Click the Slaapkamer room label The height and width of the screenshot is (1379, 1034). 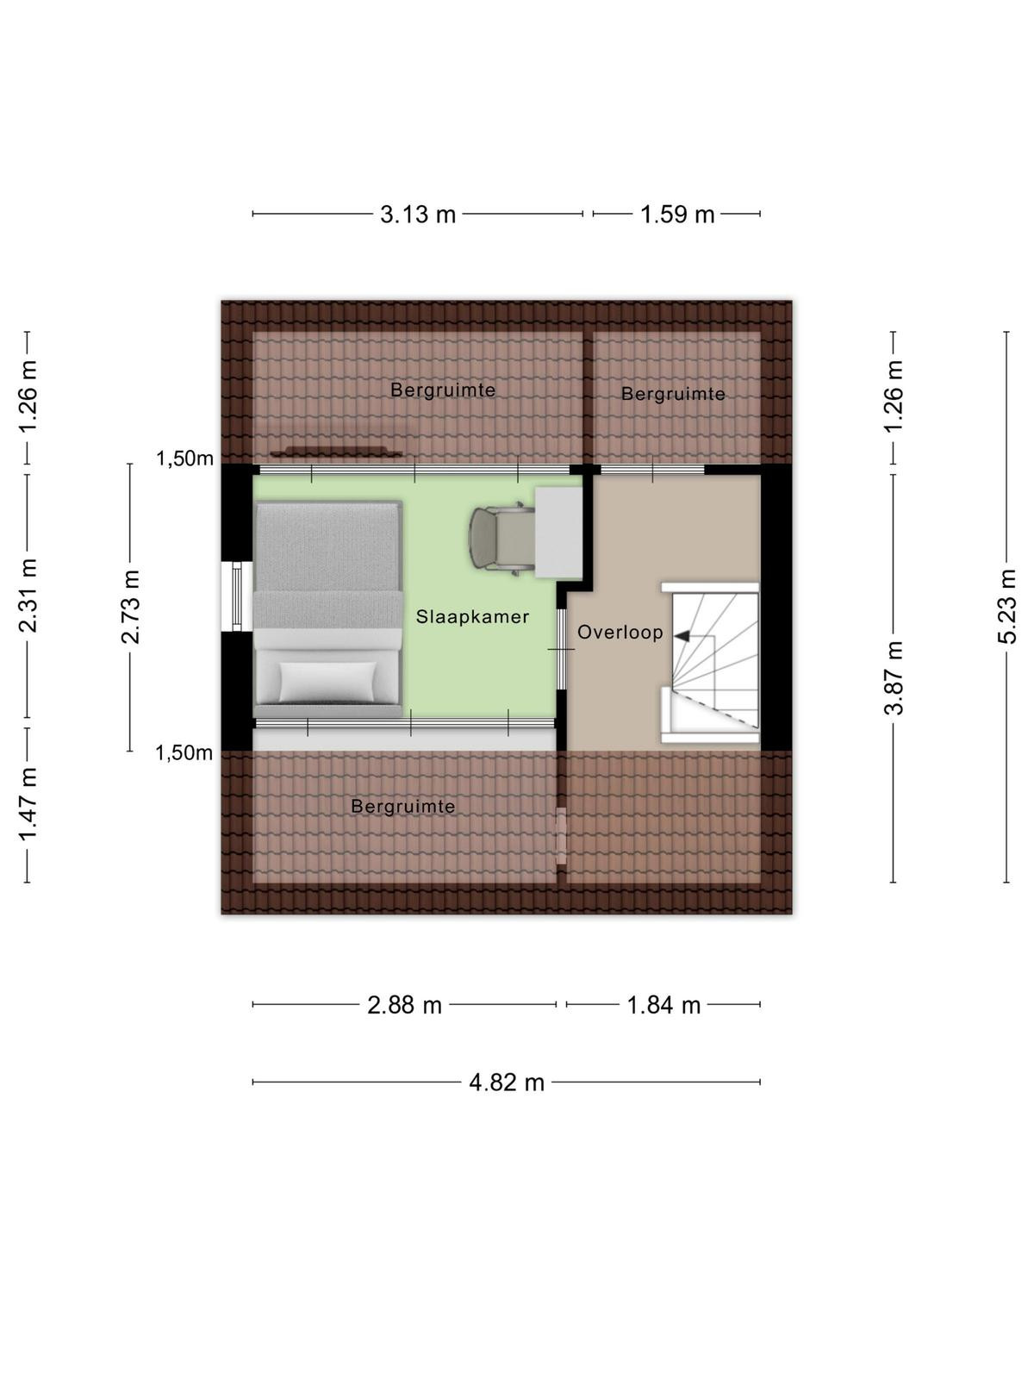click(x=472, y=616)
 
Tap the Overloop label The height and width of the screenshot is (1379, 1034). click(x=620, y=632)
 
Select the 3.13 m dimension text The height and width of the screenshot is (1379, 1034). click(x=418, y=215)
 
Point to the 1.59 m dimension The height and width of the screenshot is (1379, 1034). click(x=676, y=215)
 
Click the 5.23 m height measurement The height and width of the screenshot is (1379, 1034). click(x=1006, y=606)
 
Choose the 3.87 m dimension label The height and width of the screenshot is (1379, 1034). click(x=894, y=678)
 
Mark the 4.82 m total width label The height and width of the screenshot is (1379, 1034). click(x=506, y=1083)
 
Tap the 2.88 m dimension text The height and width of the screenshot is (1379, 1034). click(x=404, y=1005)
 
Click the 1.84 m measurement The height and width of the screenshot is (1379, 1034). click(x=663, y=1005)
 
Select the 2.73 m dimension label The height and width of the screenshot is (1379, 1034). click(x=130, y=607)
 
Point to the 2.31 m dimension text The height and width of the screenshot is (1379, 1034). click(x=27, y=596)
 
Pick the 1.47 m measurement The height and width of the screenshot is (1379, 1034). click(x=27, y=804)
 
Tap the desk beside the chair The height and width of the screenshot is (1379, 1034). click(x=558, y=533)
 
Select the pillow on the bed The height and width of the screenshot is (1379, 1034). click(x=327, y=682)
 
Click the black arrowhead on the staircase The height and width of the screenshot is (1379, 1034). click(x=682, y=636)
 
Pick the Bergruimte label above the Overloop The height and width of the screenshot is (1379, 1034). click(x=673, y=394)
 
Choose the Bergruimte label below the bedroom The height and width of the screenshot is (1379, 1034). click(x=403, y=806)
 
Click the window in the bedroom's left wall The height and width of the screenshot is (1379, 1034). click(x=237, y=596)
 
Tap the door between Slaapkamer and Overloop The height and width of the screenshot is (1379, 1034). click(x=561, y=649)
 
